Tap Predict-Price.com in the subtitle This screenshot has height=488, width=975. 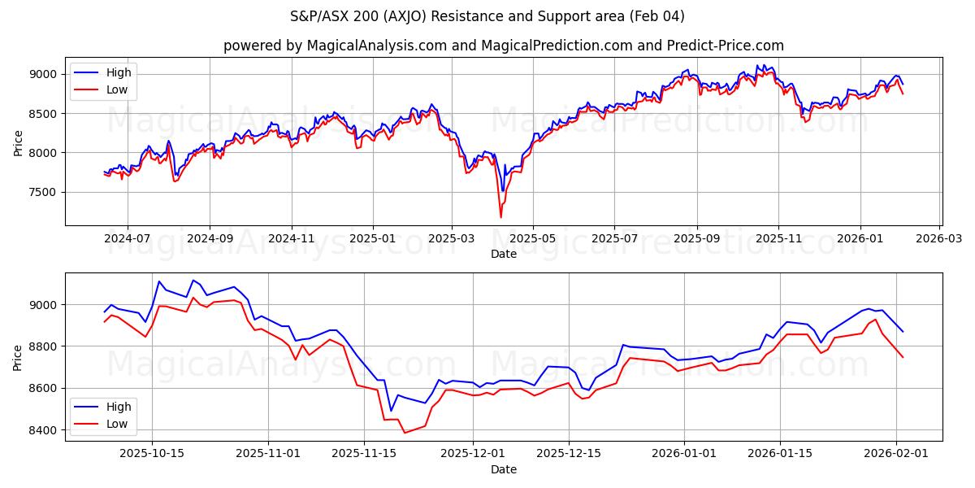click(725, 46)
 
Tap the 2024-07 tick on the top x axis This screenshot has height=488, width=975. click(128, 239)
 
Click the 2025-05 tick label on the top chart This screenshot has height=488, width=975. click(533, 239)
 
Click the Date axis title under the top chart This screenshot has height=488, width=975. click(503, 254)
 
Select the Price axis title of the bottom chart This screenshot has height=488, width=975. click(18, 357)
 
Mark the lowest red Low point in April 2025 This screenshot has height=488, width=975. click(500, 217)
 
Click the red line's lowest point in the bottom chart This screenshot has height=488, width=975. click(405, 433)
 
